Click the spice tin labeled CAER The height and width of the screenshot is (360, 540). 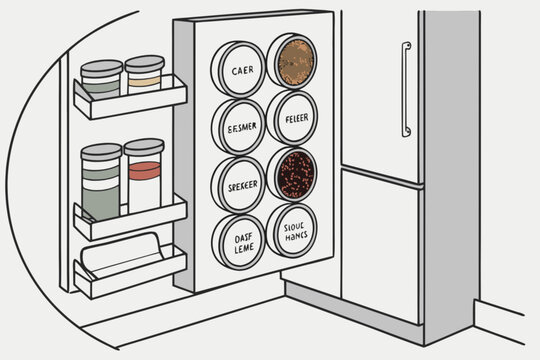241,70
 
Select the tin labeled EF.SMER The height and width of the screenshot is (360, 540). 241,127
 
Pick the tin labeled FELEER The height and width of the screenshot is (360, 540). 293,117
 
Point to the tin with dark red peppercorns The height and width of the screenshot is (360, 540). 293,174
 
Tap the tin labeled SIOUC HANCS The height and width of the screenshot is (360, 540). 293,231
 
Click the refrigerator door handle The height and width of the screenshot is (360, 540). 405,90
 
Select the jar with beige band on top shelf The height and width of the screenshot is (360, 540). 145,78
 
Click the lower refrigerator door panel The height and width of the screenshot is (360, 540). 383,240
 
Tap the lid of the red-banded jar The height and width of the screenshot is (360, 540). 144,146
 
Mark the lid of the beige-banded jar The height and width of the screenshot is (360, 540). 145,62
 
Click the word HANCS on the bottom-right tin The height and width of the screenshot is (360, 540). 294,239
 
